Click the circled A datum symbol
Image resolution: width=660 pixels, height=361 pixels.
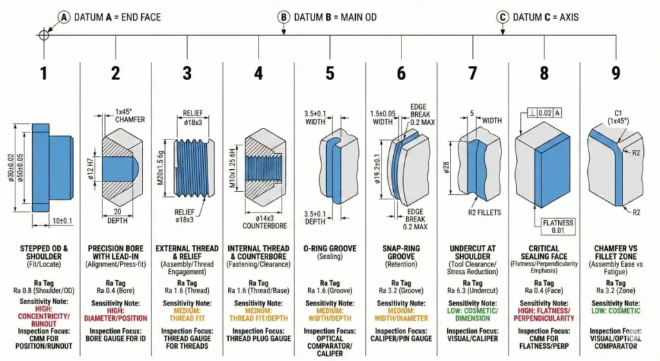[x=63, y=17]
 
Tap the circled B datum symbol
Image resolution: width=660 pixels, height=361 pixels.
[x=284, y=17]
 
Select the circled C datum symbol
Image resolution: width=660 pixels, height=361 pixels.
[x=503, y=17]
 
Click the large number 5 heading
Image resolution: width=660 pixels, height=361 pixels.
[x=329, y=73]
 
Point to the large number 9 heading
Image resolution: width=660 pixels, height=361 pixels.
[x=616, y=73]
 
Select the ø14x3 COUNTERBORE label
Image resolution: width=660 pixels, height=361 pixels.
[x=260, y=222]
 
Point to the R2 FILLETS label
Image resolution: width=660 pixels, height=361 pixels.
[x=484, y=211]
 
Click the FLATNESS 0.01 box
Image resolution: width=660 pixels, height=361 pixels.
[x=558, y=227]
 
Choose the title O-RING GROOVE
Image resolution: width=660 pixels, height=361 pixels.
[x=330, y=249]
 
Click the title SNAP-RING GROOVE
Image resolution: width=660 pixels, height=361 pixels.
[x=401, y=253]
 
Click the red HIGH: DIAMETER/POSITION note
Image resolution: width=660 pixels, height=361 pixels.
[x=115, y=315]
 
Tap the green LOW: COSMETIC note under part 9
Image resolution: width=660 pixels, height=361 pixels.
[x=616, y=311]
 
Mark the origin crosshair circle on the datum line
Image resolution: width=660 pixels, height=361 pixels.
[x=43, y=34]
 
